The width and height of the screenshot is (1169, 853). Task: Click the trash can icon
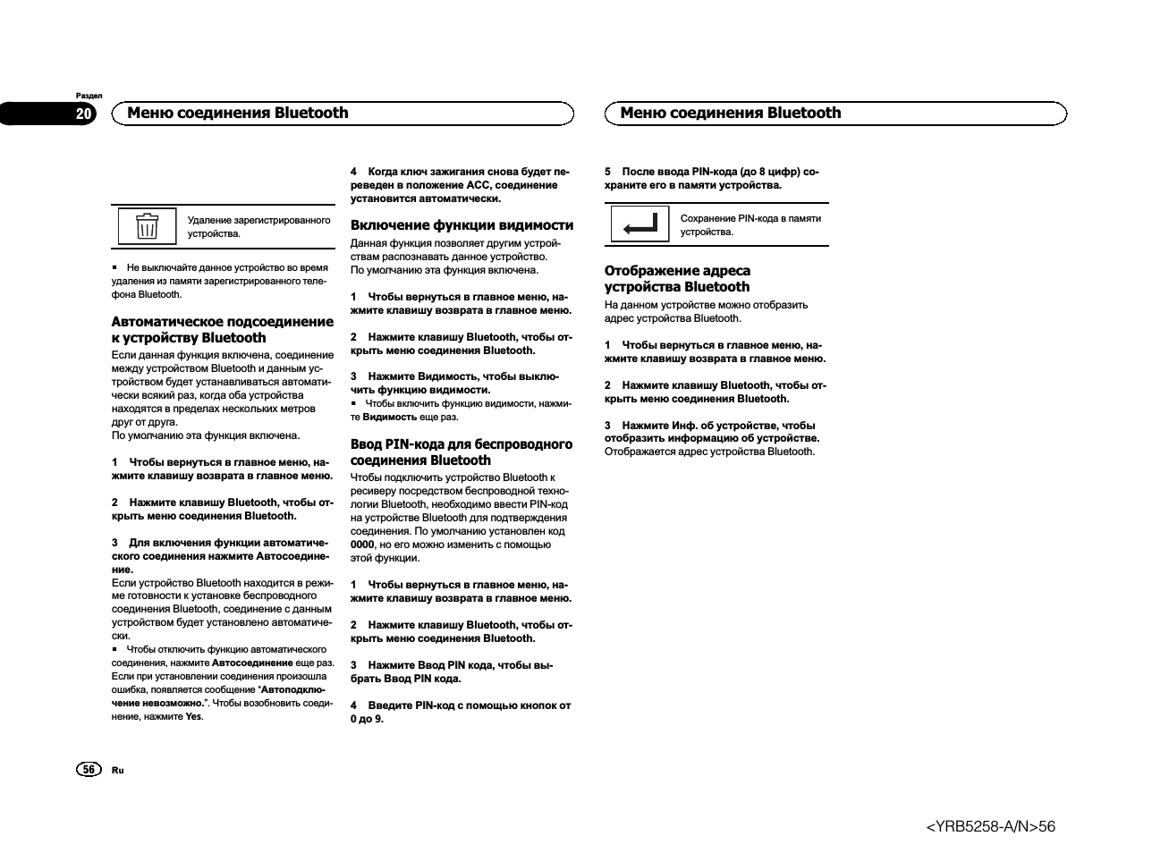pyautogui.click(x=148, y=226)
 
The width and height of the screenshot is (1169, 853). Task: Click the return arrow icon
pyautogui.click(x=640, y=224)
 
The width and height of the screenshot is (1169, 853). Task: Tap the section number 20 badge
pyautogui.click(x=83, y=114)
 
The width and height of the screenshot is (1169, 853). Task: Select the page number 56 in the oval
pyautogui.click(x=89, y=770)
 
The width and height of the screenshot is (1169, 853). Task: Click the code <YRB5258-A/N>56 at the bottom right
pyautogui.click(x=990, y=827)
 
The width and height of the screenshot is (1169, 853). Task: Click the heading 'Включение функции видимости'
pyautogui.click(x=462, y=225)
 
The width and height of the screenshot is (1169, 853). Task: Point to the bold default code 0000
pyautogui.click(x=362, y=545)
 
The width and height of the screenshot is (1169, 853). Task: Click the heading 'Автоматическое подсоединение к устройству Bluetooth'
pyautogui.click(x=222, y=330)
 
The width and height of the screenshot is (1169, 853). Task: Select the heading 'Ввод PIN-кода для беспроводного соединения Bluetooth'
pyautogui.click(x=461, y=452)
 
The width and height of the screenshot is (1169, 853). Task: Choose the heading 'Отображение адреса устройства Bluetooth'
pyautogui.click(x=677, y=279)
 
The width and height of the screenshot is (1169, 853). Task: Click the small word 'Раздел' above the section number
pyautogui.click(x=89, y=96)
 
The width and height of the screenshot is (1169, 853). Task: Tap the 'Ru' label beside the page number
pyautogui.click(x=118, y=770)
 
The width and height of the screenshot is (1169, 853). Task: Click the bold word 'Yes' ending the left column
pyautogui.click(x=193, y=717)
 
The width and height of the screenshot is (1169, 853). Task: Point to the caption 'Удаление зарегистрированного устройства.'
pyautogui.click(x=258, y=227)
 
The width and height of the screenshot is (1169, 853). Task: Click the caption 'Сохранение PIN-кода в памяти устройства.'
pyautogui.click(x=750, y=225)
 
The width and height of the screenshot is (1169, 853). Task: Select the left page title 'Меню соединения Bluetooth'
pyautogui.click(x=238, y=114)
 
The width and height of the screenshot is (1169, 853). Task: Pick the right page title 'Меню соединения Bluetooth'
pyautogui.click(x=730, y=114)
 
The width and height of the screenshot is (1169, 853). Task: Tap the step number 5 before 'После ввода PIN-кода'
pyautogui.click(x=608, y=172)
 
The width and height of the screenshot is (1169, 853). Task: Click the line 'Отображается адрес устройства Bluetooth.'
pyautogui.click(x=709, y=452)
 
